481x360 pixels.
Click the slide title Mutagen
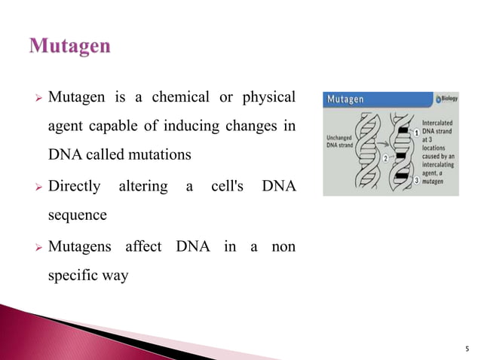tap(70, 47)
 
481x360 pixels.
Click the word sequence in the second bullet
tap(77, 215)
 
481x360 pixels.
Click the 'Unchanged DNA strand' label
tap(344, 142)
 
